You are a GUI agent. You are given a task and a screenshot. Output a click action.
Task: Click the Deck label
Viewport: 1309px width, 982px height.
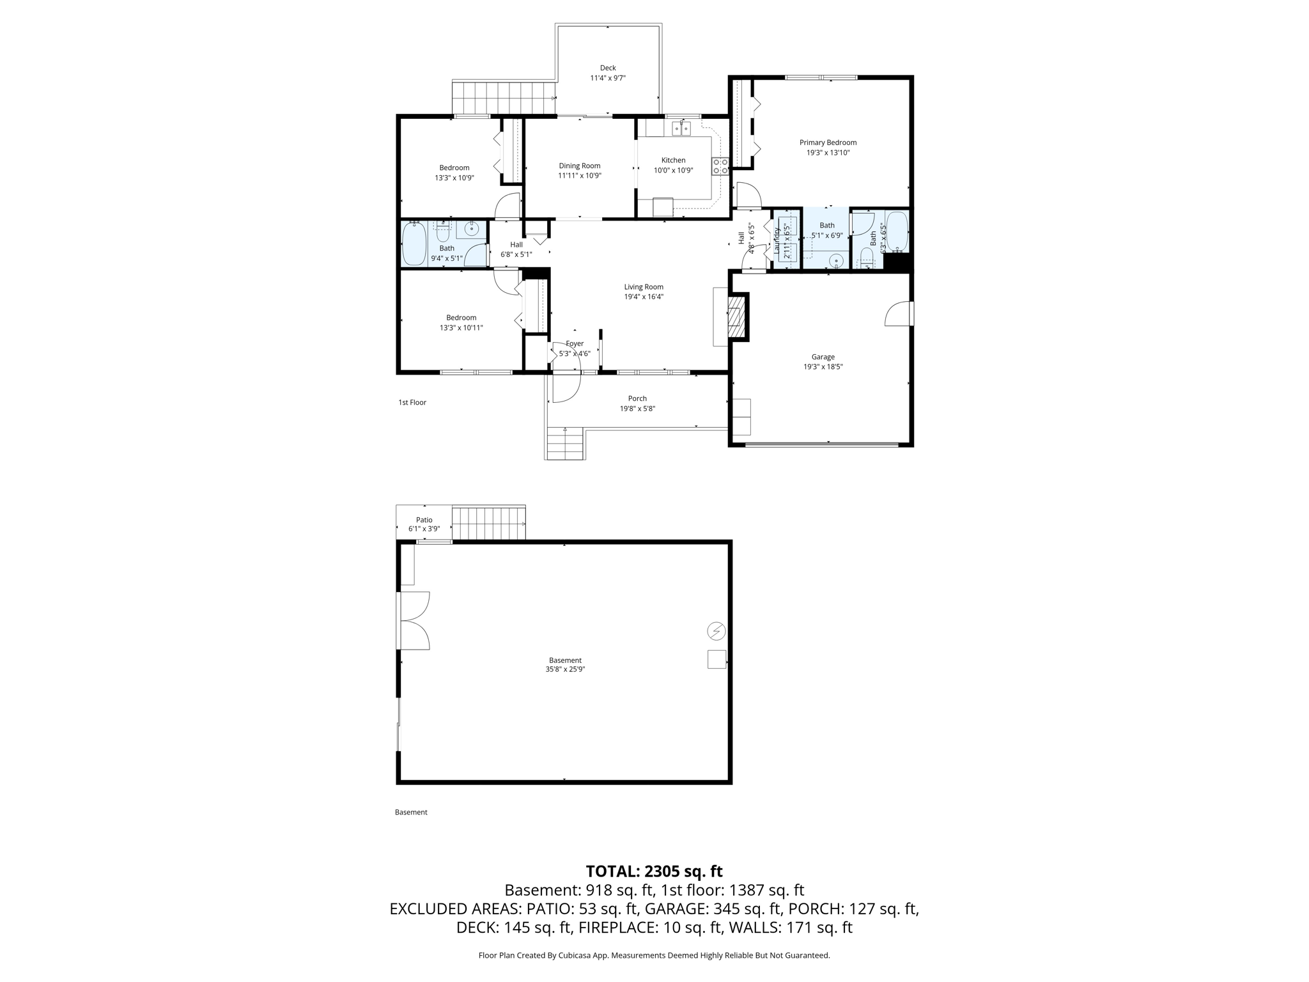[x=608, y=68]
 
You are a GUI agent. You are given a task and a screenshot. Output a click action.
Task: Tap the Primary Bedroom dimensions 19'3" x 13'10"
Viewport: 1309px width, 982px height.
[x=828, y=153]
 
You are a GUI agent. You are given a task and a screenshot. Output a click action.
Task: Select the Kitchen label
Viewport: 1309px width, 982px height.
[x=673, y=160]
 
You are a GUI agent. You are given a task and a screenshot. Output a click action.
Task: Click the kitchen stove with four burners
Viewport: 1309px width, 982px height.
[x=720, y=167]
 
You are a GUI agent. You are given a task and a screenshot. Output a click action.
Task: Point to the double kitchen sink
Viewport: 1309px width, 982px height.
[x=681, y=129]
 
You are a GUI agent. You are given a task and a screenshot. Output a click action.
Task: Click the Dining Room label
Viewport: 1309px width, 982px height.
[x=580, y=166]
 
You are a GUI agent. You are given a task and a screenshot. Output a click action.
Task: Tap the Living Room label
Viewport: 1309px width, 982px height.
[x=644, y=287]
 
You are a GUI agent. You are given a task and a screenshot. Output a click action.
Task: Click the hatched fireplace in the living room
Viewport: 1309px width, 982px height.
[x=736, y=316]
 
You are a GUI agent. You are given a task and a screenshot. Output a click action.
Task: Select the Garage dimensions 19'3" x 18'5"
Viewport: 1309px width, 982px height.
[x=823, y=367]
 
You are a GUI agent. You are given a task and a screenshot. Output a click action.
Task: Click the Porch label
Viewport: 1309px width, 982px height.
[x=637, y=398]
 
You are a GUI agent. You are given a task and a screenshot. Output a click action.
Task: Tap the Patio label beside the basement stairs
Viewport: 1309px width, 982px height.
[x=424, y=520]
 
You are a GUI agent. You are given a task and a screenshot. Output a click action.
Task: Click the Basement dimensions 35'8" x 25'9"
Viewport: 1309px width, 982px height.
[x=565, y=669]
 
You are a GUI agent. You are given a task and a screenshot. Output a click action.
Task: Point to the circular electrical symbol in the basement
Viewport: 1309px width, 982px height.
[x=716, y=631]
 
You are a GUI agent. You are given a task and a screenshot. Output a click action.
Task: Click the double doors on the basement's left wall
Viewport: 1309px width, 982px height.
[x=414, y=621]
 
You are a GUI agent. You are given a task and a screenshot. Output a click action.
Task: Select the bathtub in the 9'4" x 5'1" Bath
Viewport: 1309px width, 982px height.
[x=414, y=244]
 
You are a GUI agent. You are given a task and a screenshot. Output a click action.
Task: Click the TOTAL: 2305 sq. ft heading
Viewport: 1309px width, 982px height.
[x=654, y=871]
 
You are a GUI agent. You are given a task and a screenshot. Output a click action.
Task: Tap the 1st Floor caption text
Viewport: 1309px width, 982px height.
[x=412, y=402]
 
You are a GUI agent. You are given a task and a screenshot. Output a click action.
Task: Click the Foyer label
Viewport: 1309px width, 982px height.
[x=575, y=343]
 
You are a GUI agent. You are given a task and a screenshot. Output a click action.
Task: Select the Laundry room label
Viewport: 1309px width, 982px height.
[x=778, y=242]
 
